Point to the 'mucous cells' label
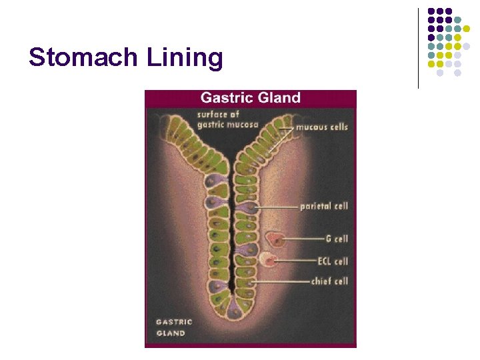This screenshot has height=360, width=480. (322, 127)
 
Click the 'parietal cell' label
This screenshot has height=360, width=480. (324, 206)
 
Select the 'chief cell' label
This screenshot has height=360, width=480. (329, 281)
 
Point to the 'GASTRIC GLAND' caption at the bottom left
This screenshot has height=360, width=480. (174, 327)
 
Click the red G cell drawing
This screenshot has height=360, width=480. (274, 239)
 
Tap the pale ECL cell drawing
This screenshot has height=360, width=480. (269, 260)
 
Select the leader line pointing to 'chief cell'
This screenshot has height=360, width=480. (280, 282)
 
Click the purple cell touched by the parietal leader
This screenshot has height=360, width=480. (248, 209)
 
